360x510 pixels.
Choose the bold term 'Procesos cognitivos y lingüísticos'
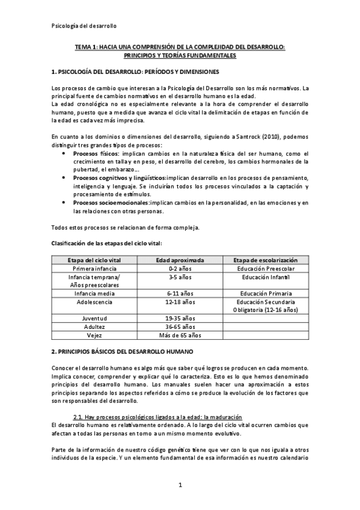120,178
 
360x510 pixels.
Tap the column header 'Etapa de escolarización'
264,260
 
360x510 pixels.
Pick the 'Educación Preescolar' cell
264,268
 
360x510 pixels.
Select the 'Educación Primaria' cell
264,293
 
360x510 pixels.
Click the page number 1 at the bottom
180,484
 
